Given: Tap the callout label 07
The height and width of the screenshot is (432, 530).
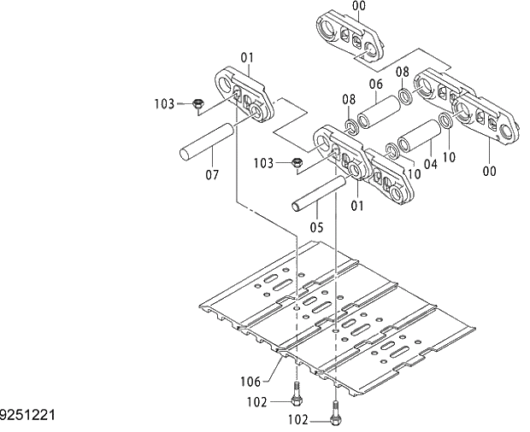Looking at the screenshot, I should point(211,176).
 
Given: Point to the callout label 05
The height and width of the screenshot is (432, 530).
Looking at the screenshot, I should point(315,227).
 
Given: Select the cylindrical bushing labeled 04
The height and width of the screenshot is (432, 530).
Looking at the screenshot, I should point(419,136).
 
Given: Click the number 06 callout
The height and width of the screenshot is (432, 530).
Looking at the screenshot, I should point(375,84).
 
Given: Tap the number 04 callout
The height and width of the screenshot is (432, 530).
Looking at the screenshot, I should point(430,162).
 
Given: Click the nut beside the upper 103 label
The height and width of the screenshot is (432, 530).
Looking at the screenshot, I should point(196,103).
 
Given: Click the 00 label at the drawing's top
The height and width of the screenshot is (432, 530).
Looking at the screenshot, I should point(358,5).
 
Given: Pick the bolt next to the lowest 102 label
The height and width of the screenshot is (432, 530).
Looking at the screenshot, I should point(335,413).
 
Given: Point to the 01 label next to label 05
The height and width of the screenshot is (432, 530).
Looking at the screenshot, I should point(356,205).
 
